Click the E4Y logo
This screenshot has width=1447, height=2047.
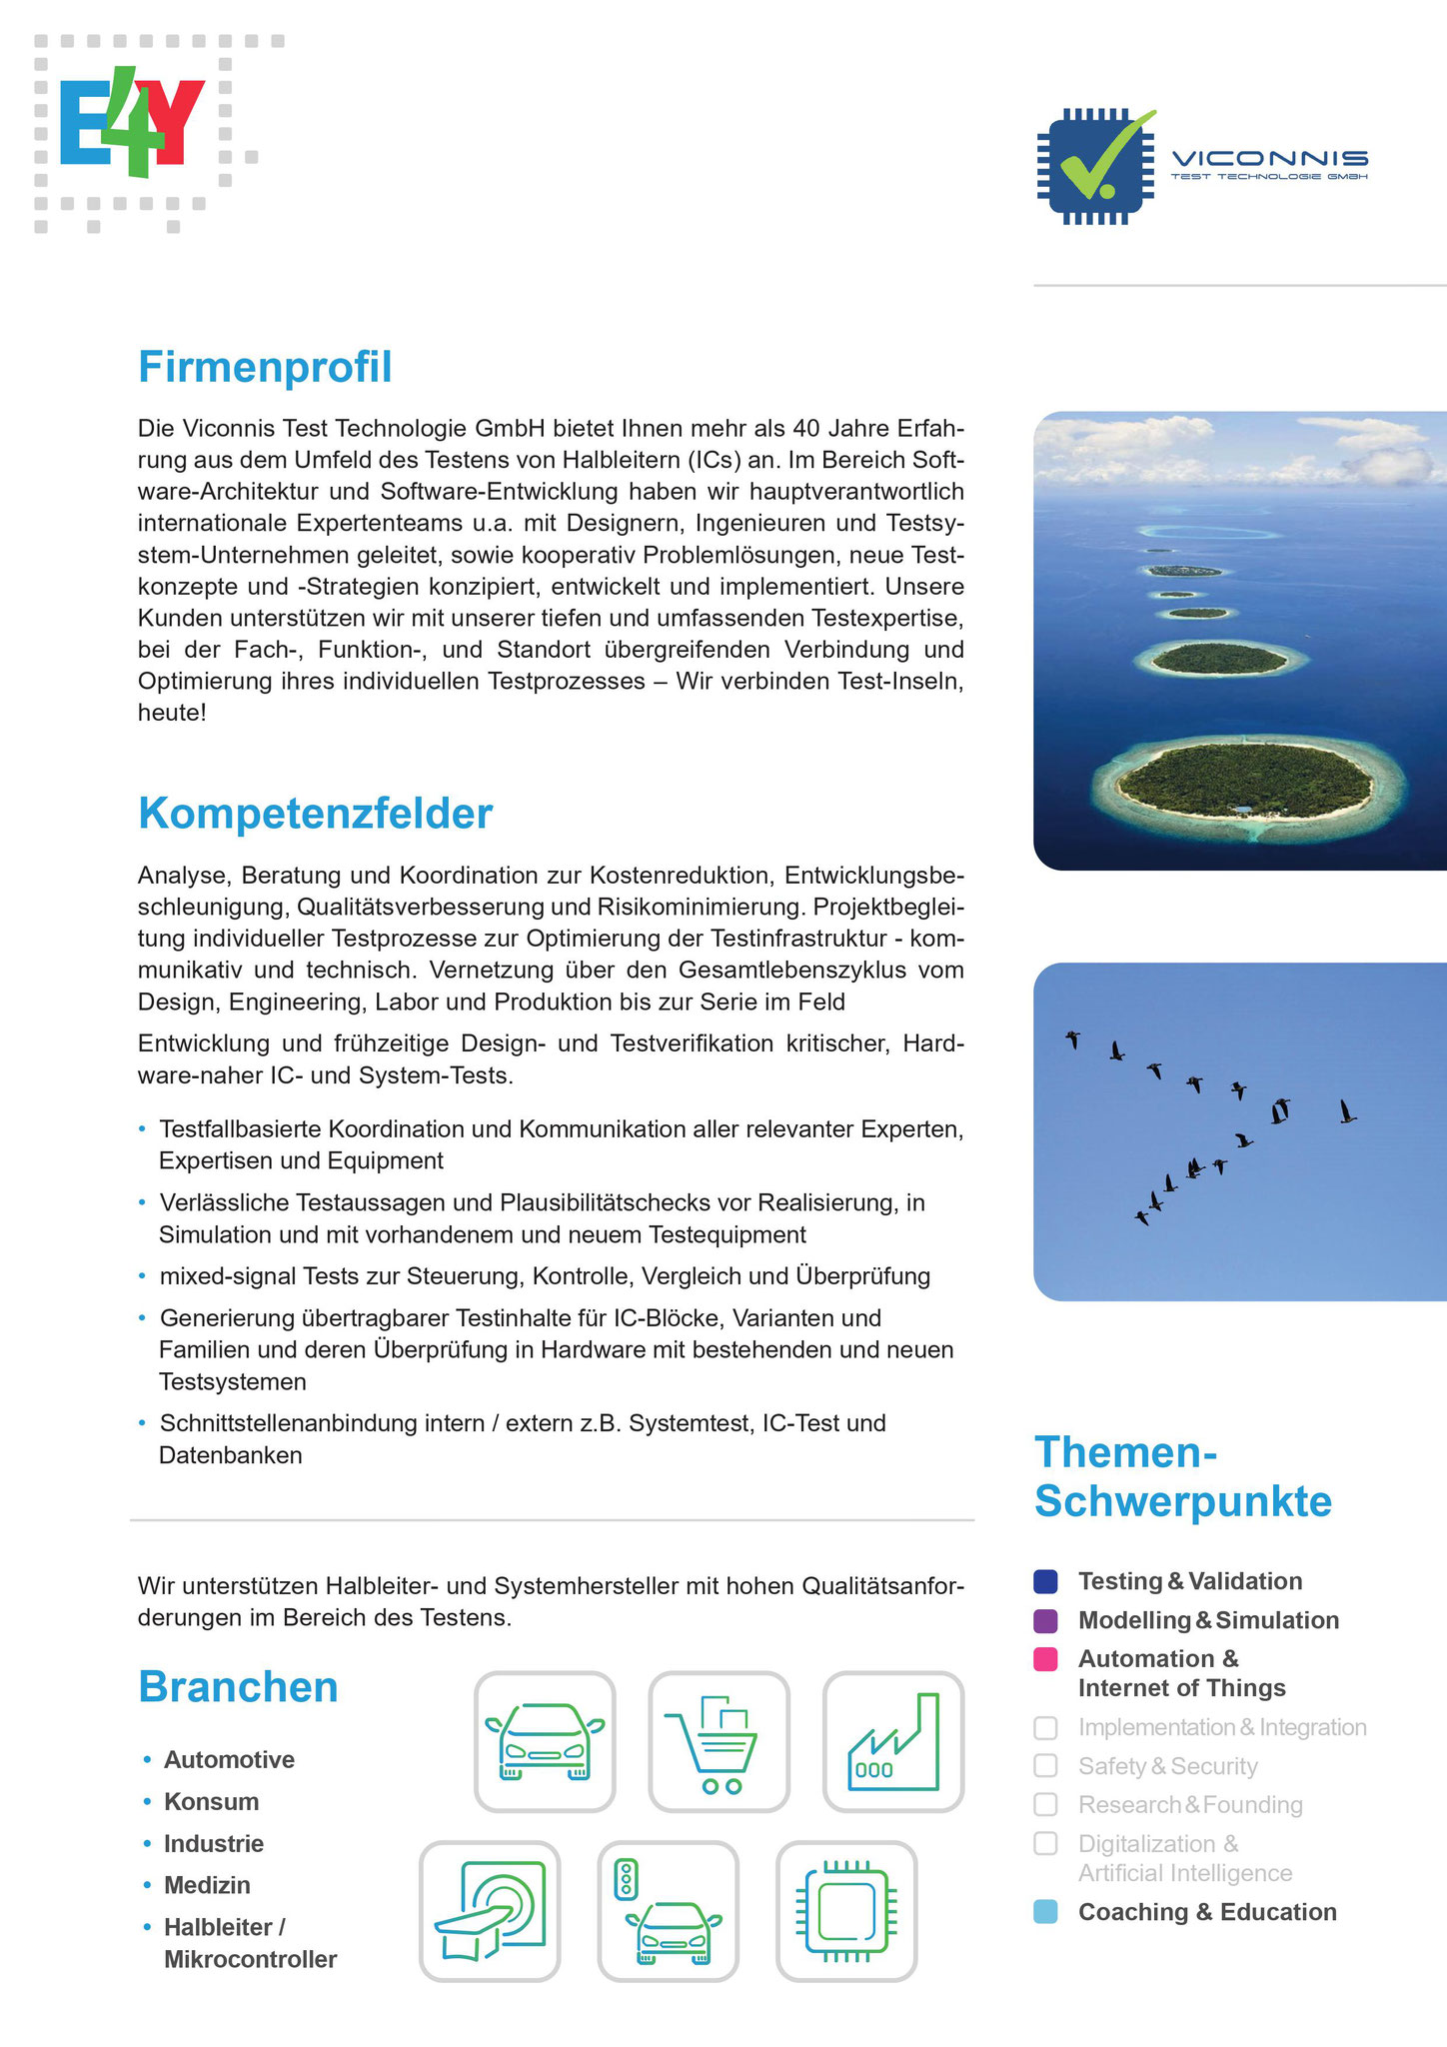click(x=132, y=124)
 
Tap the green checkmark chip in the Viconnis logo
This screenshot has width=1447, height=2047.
click(x=1095, y=166)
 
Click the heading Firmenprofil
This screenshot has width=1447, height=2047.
click(x=265, y=367)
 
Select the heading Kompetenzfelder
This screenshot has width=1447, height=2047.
click(x=315, y=814)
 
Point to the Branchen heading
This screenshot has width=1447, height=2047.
click(x=238, y=1686)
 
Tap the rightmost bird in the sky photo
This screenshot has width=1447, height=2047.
click(x=1348, y=1111)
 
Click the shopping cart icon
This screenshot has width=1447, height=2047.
click(x=719, y=1741)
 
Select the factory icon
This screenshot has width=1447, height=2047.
click(x=892, y=1741)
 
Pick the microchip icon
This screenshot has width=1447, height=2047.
click(x=846, y=1910)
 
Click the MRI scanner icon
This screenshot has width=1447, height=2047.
click(x=490, y=1910)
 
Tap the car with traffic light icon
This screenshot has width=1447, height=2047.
click(x=668, y=1910)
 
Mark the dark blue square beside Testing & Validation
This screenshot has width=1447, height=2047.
click(x=1045, y=1581)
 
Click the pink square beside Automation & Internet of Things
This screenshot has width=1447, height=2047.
click(x=1045, y=1659)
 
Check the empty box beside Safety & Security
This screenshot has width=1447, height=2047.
click(x=1045, y=1766)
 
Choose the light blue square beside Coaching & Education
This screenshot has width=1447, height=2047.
click(x=1045, y=1912)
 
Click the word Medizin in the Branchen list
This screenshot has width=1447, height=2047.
click(x=207, y=1885)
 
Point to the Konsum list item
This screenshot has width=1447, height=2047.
click(x=211, y=1801)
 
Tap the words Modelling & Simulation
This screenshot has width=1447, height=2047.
click(x=1208, y=1620)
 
